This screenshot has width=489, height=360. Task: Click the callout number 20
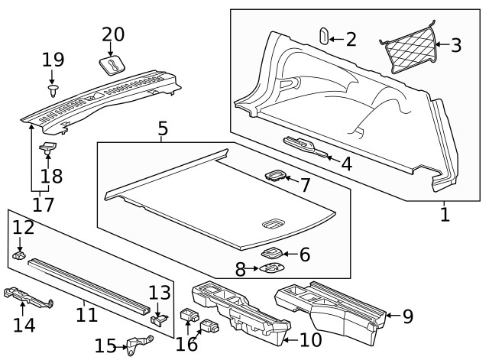[x=112, y=35]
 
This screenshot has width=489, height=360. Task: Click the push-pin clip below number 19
[x=53, y=91]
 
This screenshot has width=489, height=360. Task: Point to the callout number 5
[x=163, y=128]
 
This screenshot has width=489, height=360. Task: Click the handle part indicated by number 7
[x=274, y=177]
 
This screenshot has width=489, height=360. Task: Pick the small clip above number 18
[x=49, y=147]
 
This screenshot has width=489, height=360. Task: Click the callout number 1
[x=445, y=213]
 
